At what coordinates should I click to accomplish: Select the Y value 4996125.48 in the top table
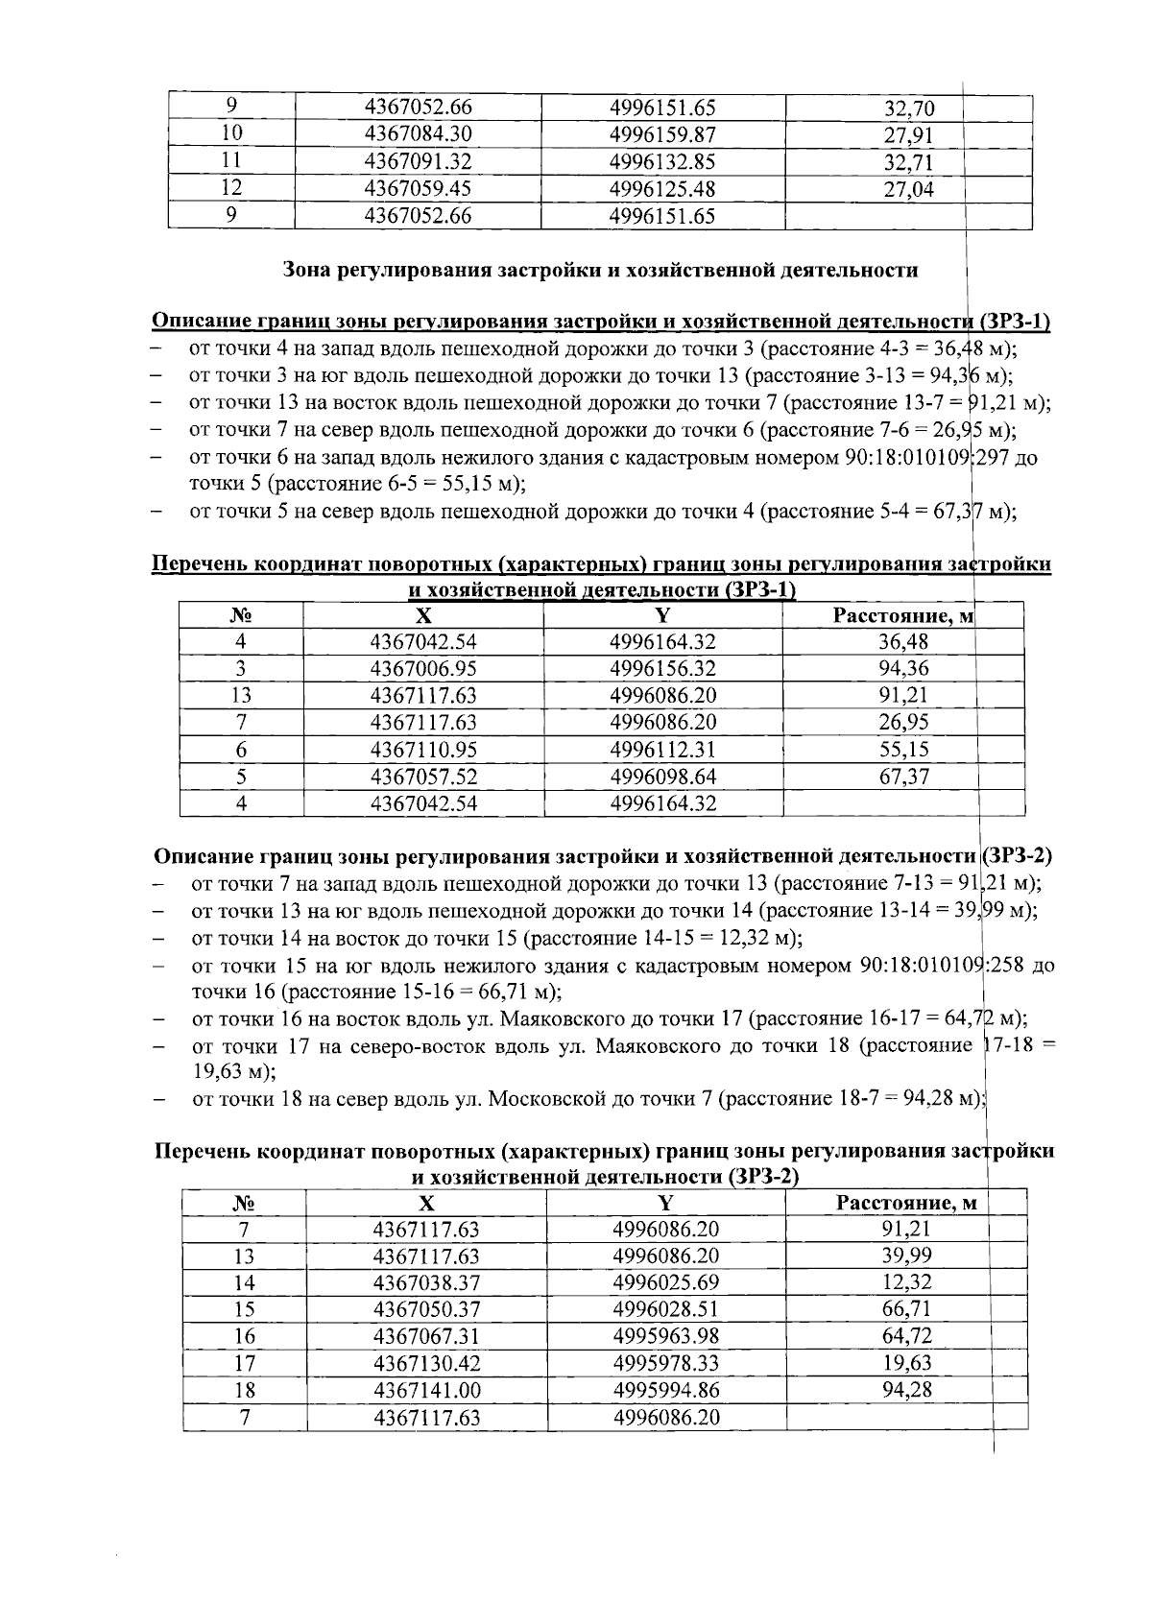coord(662,189)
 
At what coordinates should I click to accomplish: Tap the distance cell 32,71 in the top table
coord(908,162)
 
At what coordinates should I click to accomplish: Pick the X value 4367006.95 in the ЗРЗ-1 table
coord(423,669)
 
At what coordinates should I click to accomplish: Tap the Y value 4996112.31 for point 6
coord(663,750)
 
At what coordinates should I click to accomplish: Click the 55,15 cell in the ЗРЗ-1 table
coord(904,750)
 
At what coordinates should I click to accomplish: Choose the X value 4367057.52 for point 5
coord(423,777)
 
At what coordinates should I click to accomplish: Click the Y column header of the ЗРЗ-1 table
coord(663,615)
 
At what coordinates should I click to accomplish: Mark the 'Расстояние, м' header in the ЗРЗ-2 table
coord(906,1203)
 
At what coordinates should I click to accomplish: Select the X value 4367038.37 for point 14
coord(426,1283)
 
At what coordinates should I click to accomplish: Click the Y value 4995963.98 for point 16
coord(666,1336)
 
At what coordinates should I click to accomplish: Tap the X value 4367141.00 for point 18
coord(426,1390)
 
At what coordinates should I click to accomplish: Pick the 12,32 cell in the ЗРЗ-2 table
coord(906,1283)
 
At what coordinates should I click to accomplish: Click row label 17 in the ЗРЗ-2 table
coord(244,1363)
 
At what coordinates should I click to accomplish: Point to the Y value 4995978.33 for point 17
coord(666,1363)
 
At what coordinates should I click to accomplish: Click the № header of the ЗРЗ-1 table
coord(241,615)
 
